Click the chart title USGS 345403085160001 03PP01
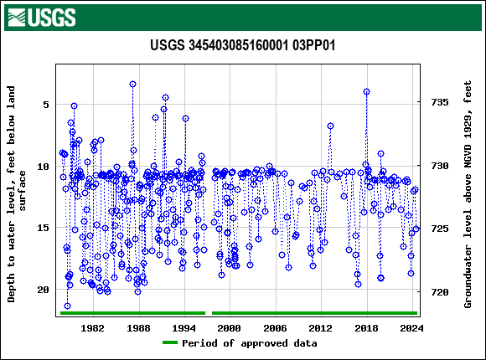(x=243, y=45)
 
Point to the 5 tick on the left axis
(x=44, y=105)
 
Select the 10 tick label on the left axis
(x=42, y=167)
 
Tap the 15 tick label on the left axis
(x=42, y=228)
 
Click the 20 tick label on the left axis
(x=42, y=290)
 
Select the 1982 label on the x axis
(x=93, y=328)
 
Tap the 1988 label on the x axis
(x=138, y=328)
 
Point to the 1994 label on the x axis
(x=184, y=328)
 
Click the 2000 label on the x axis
(x=230, y=328)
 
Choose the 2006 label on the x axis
(x=275, y=328)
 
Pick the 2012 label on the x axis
(x=320, y=328)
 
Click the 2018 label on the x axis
(x=366, y=328)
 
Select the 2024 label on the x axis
(x=411, y=328)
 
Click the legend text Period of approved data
(x=250, y=343)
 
